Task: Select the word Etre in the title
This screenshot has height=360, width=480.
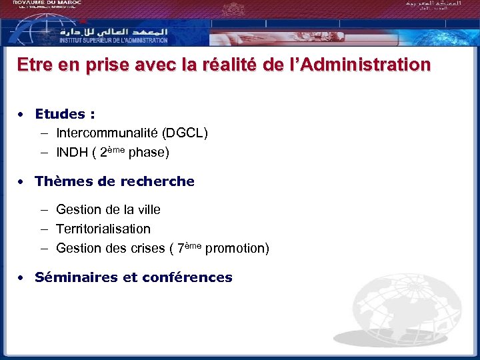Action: click(33, 65)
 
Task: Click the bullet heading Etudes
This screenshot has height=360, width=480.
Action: click(64, 114)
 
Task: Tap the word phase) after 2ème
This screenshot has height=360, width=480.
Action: click(149, 153)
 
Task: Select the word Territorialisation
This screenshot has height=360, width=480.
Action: click(103, 229)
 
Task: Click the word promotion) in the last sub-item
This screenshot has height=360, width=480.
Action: click(237, 249)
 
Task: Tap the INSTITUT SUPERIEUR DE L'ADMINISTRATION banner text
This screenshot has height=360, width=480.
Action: click(113, 40)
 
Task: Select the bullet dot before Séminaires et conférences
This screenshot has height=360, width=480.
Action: click(22, 277)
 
